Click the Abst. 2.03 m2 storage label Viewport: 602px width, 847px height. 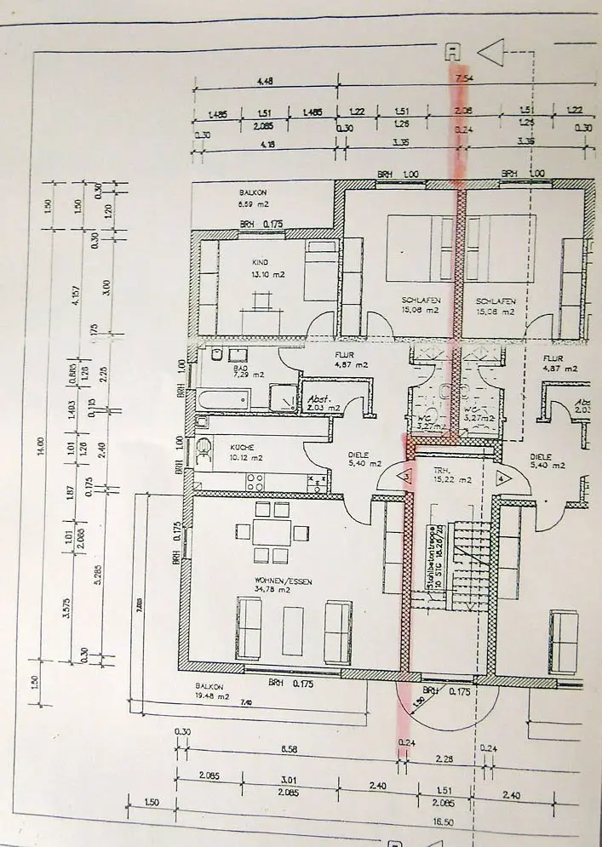(x=319, y=403)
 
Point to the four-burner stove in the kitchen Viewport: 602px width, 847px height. (x=255, y=482)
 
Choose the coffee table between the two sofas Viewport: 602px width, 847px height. (x=292, y=630)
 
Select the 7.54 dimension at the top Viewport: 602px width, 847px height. (x=464, y=79)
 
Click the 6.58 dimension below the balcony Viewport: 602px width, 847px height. (x=289, y=749)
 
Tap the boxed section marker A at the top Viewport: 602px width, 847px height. (x=453, y=52)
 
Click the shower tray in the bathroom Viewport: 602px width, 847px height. (x=280, y=397)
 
